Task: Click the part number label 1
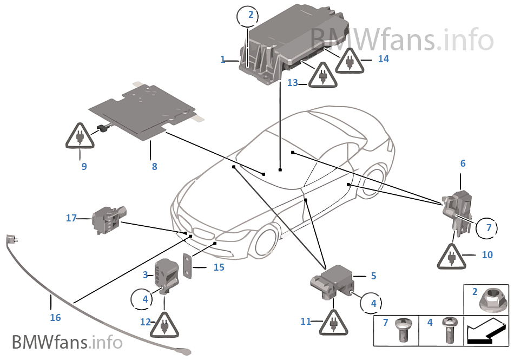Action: [x=222, y=60]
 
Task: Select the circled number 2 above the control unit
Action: [x=251, y=15]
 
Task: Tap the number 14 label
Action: [x=383, y=59]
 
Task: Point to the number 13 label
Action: [x=293, y=83]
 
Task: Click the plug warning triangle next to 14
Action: [x=350, y=61]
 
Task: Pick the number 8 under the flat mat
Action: [x=154, y=167]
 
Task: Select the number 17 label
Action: [x=71, y=218]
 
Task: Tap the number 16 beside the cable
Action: [x=55, y=318]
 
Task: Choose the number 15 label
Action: [x=219, y=267]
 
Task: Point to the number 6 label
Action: [x=463, y=163]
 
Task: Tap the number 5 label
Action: [x=373, y=276]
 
